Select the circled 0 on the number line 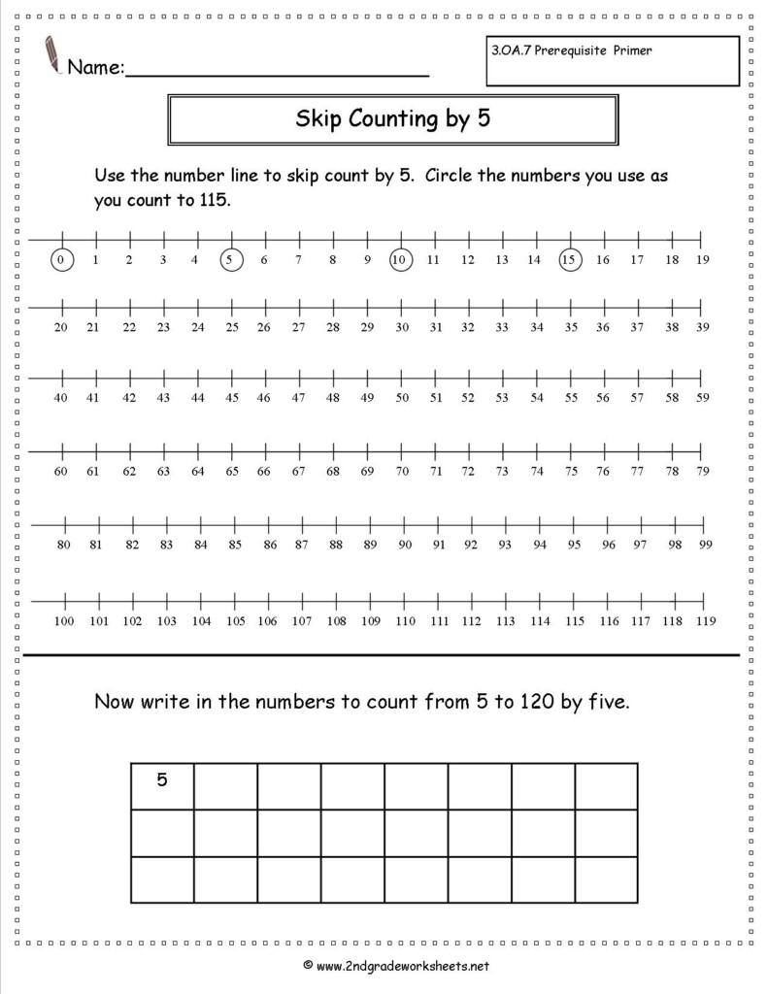(x=61, y=259)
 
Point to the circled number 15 (x=570, y=259)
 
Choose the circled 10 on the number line (x=400, y=259)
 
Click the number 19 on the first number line (x=702, y=259)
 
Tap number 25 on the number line (x=232, y=328)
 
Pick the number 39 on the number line (x=702, y=328)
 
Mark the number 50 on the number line (x=401, y=397)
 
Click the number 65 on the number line (x=232, y=472)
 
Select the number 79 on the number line (x=702, y=472)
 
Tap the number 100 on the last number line (x=64, y=620)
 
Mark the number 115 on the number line (x=575, y=620)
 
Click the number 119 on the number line (x=704, y=620)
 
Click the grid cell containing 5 (x=162, y=779)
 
